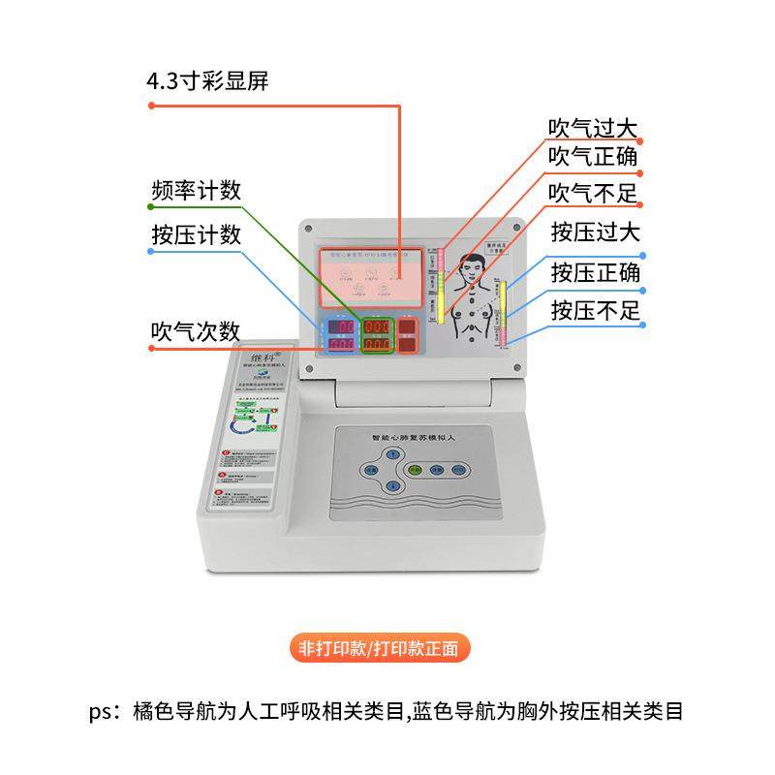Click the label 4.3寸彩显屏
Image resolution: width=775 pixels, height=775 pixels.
207,81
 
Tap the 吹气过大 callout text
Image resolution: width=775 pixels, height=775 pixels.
593,128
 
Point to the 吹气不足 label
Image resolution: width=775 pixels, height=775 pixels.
593,194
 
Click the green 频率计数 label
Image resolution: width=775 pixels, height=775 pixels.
196,190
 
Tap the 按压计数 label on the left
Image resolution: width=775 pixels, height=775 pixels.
196,235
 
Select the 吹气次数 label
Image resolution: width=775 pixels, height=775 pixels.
196,331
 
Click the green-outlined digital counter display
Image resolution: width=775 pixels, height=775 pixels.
377,334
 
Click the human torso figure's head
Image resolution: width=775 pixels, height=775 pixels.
473,267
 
